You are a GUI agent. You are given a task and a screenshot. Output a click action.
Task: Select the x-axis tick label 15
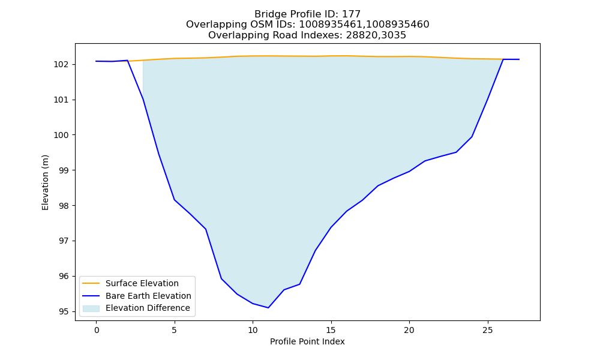coord(331,330)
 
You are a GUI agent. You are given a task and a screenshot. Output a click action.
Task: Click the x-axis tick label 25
coord(487,330)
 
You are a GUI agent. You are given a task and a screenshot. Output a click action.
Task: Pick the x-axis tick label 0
coord(97,330)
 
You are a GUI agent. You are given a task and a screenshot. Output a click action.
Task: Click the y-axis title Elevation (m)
coord(45,182)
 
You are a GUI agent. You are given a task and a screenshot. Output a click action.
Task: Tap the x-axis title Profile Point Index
coord(307,341)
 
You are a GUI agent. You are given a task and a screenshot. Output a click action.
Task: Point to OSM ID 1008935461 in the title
coord(331,25)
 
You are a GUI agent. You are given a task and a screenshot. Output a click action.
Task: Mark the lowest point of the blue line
coord(268,308)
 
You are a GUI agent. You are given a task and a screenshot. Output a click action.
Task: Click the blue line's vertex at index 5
coord(175,200)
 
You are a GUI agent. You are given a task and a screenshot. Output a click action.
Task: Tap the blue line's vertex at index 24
coord(472,137)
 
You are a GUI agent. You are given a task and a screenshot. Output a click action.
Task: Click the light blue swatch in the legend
coord(91,308)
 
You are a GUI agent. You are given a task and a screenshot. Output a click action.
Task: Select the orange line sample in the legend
coord(91,283)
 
